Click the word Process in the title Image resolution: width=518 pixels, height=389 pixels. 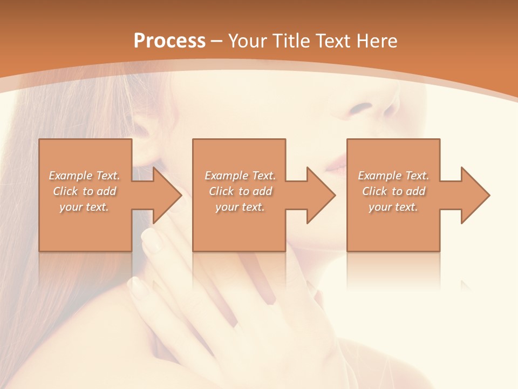[x=169, y=41]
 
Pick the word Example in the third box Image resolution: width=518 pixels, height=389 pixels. [x=379, y=176]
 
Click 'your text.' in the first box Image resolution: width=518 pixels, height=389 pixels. [x=84, y=207]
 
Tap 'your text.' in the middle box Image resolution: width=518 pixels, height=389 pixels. [x=240, y=207]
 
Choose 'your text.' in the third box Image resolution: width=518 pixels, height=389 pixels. [x=393, y=207]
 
